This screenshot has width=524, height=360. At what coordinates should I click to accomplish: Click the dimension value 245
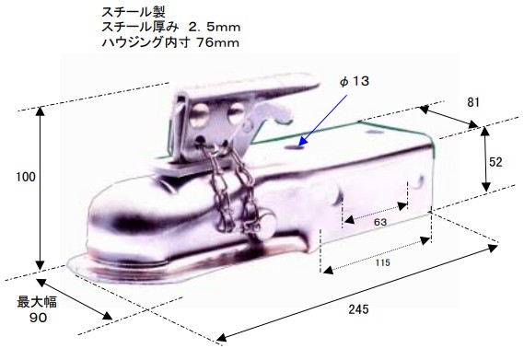(x=358, y=309)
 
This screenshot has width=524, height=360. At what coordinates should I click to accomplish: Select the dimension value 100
(x=26, y=177)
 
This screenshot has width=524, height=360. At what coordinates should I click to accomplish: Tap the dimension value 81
(x=473, y=102)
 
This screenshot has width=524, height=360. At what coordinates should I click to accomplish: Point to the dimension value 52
(x=495, y=162)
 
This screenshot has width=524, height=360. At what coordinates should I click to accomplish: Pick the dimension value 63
(x=380, y=222)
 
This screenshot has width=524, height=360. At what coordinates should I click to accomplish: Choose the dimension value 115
(x=382, y=262)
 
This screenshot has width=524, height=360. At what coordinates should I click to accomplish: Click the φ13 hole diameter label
(x=355, y=81)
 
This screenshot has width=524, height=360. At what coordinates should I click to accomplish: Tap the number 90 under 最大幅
(x=38, y=318)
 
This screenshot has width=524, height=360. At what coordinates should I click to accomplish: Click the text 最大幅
(x=37, y=302)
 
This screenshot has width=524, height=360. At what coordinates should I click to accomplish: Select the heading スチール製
(x=134, y=12)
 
